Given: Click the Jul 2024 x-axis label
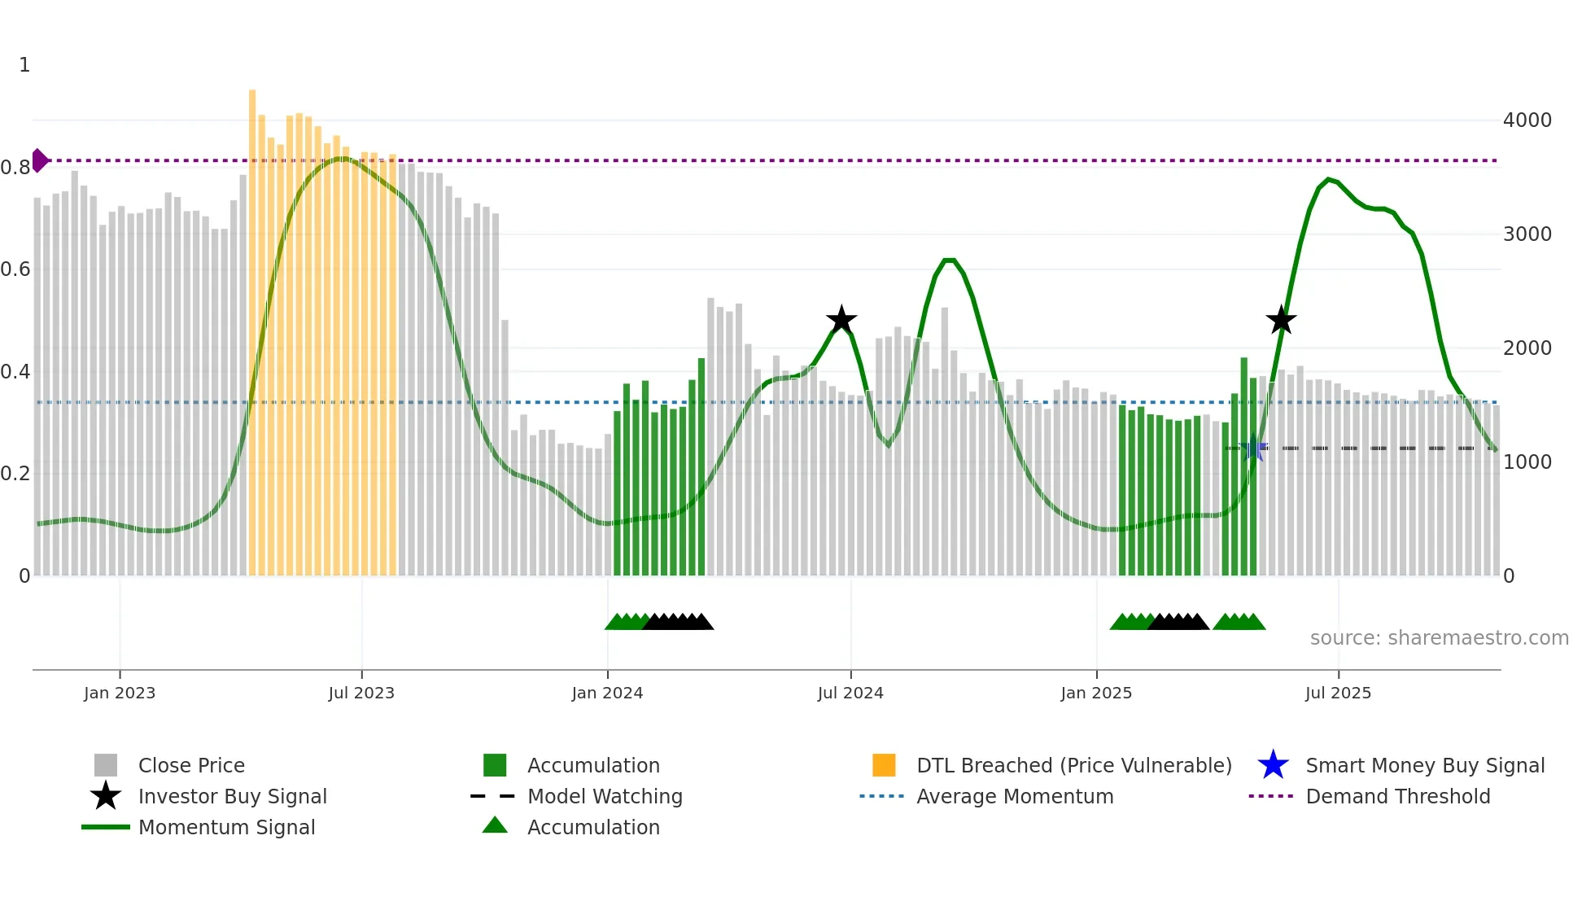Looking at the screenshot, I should pos(850,693).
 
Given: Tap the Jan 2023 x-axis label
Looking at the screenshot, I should pos(120,693).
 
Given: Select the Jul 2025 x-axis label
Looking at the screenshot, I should pos(1338,693).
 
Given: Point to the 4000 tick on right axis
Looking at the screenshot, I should pos(1527,120).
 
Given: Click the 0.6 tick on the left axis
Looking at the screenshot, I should pos(15,269).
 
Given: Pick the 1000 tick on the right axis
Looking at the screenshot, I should pos(1527,462).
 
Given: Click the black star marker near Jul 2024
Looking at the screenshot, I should pos(841,320).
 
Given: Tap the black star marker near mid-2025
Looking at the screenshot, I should pos(1281,320).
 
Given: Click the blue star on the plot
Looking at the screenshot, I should pos(1253,448).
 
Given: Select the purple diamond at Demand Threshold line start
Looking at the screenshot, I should pos(39,160).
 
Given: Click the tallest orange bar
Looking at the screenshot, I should pos(252,326).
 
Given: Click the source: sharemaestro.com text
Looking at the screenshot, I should pos(1439,638).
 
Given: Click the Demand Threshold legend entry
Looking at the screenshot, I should pos(1397,797).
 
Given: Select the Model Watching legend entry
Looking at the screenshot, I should pos(604,797).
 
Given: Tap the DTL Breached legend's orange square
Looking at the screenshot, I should pos(884,765).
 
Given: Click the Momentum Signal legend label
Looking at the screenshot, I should pos(226,828).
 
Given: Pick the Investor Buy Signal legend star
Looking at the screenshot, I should pos(106,796).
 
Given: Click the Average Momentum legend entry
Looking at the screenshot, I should pos(1014,797).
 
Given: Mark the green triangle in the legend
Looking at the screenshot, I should pos(495,825).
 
